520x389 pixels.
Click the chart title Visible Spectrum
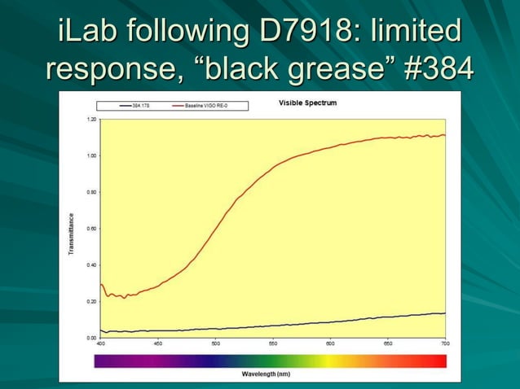point(307,103)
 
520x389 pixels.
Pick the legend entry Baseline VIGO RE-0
point(204,106)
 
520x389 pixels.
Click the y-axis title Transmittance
point(71,237)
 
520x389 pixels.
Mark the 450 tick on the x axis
point(157,344)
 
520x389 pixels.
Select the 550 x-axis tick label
point(273,344)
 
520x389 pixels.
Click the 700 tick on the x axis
point(445,344)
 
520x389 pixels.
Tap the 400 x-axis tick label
point(100,344)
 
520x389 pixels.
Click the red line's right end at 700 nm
point(445,135)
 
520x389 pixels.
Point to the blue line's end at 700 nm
point(445,313)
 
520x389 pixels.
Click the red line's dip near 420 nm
point(124,297)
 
